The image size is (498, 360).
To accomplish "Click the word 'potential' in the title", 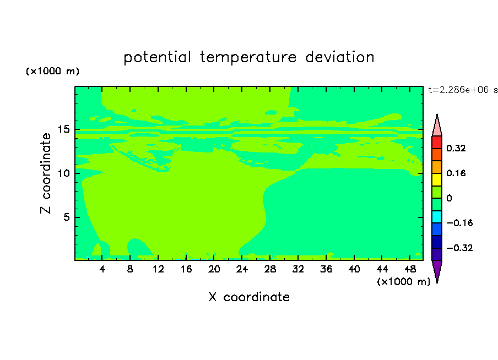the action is tap(157, 57).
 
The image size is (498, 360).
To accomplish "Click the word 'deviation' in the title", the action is tap(340, 57).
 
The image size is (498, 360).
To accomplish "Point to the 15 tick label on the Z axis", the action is tap(63, 129).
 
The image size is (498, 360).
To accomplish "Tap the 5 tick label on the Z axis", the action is tap(66, 217).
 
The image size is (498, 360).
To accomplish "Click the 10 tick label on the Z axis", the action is tap(63, 173).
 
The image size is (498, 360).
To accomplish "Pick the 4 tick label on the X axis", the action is tap(102, 269).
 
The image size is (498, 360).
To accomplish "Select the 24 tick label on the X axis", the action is tap(242, 269).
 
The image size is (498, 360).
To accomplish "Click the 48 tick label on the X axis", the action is tap(410, 269).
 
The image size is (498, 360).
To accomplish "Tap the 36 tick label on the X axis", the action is tap(326, 269).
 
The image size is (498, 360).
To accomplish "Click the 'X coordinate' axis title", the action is tap(249, 297).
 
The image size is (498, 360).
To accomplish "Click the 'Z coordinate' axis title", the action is tap(46, 173).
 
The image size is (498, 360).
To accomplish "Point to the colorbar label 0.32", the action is tap(456, 148).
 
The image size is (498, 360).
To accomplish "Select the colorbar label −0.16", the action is tap(459, 223).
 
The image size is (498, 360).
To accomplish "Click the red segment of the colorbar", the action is tap(437, 142).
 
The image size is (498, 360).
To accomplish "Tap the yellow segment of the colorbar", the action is tap(437, 179).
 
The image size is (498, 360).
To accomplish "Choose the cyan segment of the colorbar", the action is tap(437, 217).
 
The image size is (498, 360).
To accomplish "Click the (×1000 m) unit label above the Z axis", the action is tap(52, 71).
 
